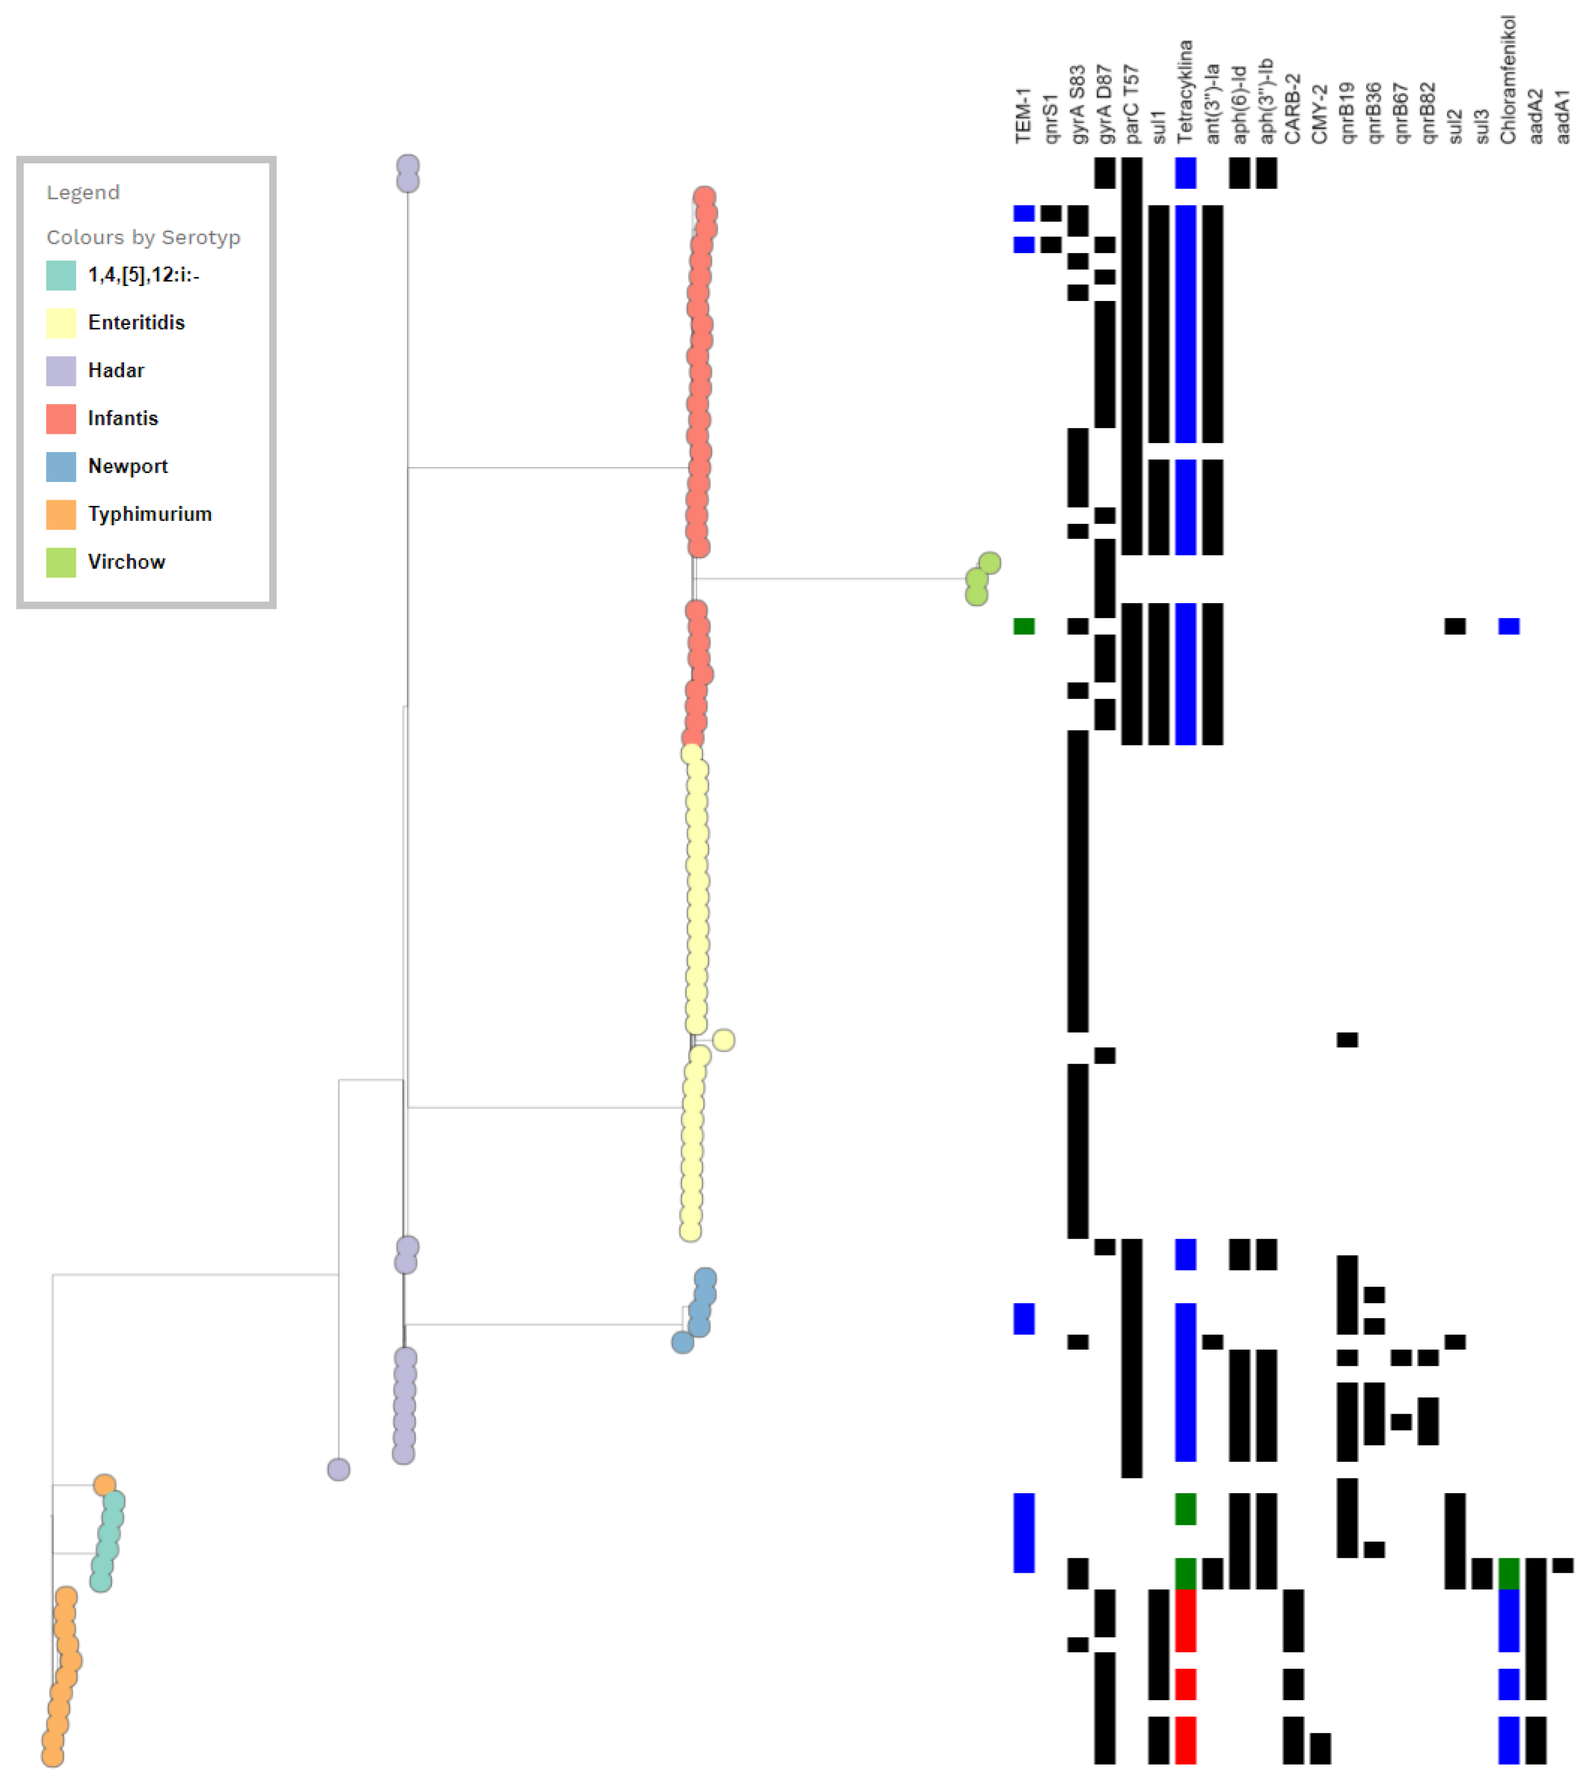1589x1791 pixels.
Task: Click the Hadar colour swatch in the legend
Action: point(60,371)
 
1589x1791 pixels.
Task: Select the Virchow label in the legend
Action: point(126,561)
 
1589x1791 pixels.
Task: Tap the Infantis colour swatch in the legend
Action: point(60,419)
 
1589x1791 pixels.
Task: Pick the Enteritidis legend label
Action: point(136,322)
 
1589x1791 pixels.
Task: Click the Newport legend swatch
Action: point(60,466)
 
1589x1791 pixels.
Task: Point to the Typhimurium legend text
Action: point(150,514)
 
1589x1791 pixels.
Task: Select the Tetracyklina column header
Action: point(1185,92)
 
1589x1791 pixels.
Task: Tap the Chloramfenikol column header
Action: point(1507,81)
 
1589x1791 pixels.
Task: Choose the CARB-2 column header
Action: point(1293,109)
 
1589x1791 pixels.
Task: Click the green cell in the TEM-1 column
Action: point(1024,625)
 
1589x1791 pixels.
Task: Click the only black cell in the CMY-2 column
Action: point(1320,1748)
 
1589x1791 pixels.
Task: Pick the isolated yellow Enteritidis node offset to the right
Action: point(723,1040)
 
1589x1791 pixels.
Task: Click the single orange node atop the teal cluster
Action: point(104,1485)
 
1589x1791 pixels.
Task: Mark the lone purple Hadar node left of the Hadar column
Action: point(339,1469)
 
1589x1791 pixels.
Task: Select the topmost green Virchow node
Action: point(989,562)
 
